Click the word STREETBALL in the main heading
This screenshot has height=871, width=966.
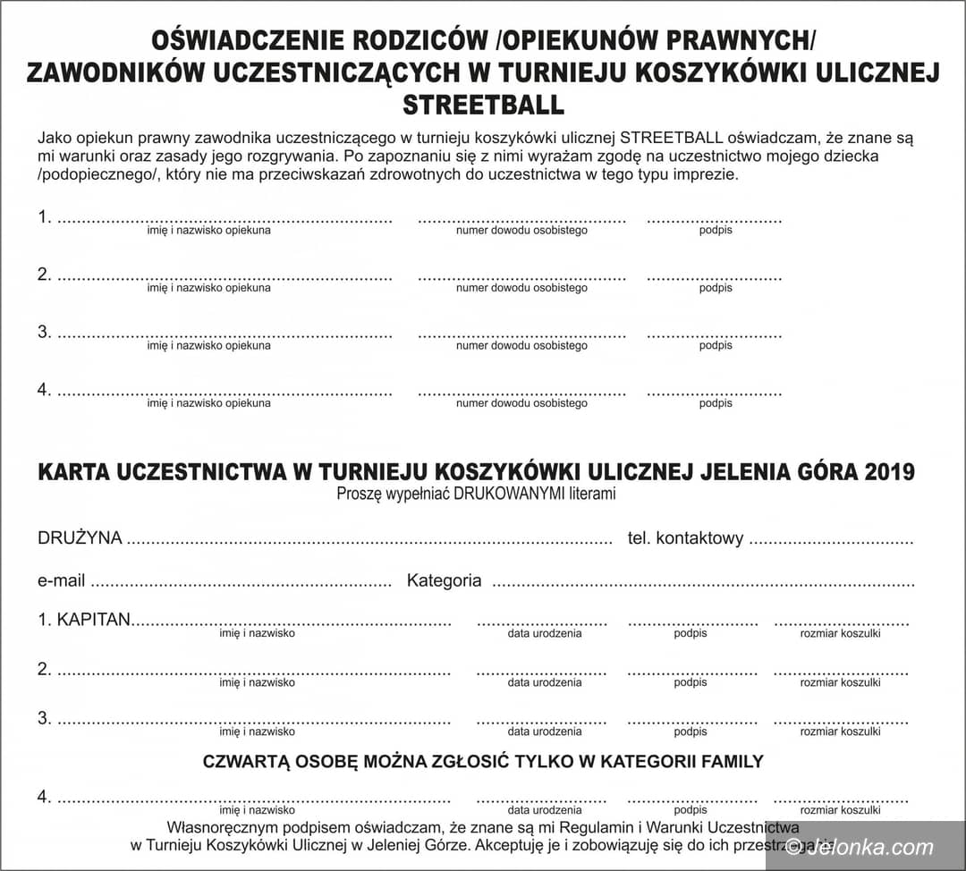[x=483, y=105]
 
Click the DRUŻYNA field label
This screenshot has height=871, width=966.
[x=80, y=538]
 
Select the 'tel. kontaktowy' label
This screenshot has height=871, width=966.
[x=686, y=538]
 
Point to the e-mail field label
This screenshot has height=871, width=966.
[x=61, y=580]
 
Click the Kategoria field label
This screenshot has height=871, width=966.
[x=444, y=580]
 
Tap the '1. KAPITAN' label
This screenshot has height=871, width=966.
[x=84, y=620]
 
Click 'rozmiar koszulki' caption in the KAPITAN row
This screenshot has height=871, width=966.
[x=840, y=633]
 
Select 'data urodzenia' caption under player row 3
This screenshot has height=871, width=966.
[x=545, y=731]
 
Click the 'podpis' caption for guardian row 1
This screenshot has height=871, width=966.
[x=716, y=231]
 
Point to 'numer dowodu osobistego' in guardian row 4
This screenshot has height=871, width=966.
[x=521, y=403]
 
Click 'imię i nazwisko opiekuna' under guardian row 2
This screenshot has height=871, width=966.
[x=208, y=288]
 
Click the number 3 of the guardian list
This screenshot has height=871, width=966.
[x=43, y=332]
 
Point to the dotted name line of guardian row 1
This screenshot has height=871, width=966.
[x=225, y=219]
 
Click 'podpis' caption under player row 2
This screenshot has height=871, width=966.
[x=691, y=682]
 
